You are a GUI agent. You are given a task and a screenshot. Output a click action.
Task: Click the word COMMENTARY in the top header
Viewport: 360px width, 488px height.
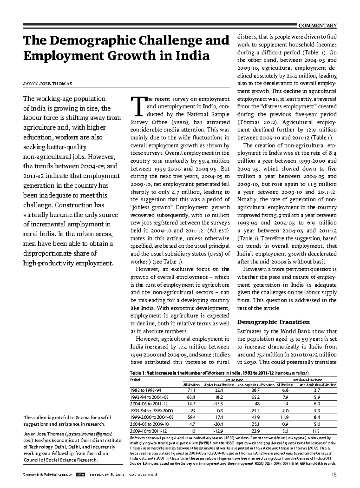(318, 26)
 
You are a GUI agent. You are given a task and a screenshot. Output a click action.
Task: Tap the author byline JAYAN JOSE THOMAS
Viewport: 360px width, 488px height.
(48, 83)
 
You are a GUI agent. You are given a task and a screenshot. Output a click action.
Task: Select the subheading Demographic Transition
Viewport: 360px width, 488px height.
(273, 322)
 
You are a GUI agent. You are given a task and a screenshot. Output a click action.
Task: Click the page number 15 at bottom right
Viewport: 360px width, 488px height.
(334, 474)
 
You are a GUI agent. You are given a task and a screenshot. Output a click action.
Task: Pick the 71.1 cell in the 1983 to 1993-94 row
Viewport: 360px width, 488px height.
(191, 390)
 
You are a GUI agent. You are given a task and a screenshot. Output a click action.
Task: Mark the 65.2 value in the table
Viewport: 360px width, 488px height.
(256, 397)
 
